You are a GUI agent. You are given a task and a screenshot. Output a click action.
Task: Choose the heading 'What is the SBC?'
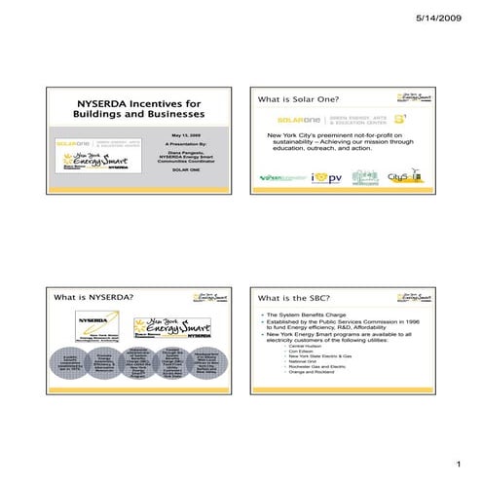point(292,297)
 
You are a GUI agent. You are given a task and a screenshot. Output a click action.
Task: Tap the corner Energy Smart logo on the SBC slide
point(414,295)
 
